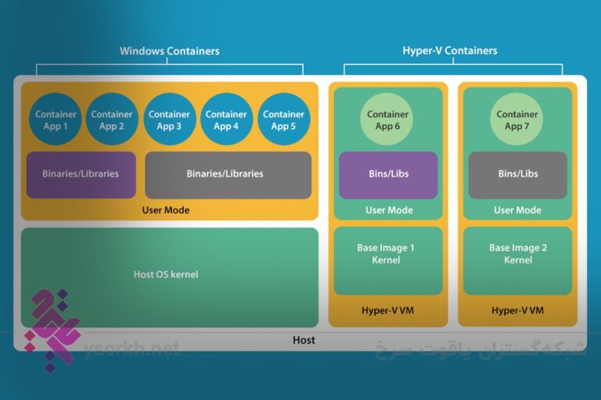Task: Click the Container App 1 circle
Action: [56, 120]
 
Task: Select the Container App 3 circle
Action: [169, 120]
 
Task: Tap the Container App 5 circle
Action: [283, 120]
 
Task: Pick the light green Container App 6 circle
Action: [387, 120]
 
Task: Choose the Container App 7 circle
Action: [517, 120]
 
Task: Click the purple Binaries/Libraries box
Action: [81, 174]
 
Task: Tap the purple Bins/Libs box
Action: [387, 174]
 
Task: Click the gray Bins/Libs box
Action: [517, 174]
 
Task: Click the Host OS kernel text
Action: [166, 274]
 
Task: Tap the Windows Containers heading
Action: [169, 52]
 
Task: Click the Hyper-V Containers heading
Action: [449, 52]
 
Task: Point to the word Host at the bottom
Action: [304, 340]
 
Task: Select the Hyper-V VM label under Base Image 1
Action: [387, 311]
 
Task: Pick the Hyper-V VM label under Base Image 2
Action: [517, 311]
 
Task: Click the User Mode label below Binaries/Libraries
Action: [166, 210]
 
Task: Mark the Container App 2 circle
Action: [112, 120]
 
